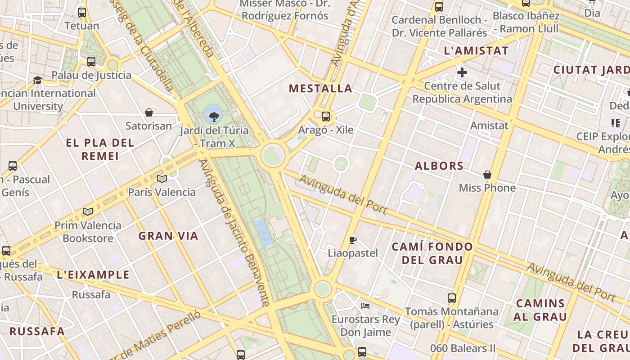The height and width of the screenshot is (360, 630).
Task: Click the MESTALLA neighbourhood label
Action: click(x=320, y=88)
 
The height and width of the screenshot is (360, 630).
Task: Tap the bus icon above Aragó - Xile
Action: click(x=326, y=117)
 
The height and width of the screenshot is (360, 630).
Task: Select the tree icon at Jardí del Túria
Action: click(x=214, y=117)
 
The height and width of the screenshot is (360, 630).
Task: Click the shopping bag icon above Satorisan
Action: click(x=149, y=112)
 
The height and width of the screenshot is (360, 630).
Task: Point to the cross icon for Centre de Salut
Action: click(x=462, y=72)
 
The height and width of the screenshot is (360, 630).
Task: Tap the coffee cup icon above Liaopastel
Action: click(x=352, y=240)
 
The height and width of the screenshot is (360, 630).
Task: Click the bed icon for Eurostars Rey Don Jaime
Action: click(x=365, y=306)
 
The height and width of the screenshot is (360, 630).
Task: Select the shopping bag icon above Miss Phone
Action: click(x=487, y=175)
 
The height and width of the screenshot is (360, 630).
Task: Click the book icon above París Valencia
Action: click(x=162, y=179)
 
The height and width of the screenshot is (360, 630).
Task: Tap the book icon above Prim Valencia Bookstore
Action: click(x=88, y=211)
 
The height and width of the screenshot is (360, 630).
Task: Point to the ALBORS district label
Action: click(x=439, y=166)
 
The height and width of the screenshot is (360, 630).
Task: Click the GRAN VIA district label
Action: click(x=168, y=236)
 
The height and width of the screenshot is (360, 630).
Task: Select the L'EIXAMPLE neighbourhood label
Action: click(x=94, y=275)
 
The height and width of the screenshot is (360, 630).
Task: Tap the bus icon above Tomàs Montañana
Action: click(x=451, y=298)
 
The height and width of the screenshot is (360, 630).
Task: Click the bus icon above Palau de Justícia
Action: click(x=91, y=62)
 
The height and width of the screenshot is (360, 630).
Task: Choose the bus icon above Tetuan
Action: click(x=81, y=13)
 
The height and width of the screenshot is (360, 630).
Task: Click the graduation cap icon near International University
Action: click(x=38, y=80)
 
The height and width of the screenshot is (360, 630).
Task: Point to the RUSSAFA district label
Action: click(x=37, y=332)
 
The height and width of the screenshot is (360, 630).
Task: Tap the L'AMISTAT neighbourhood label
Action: click(x=476, y=51)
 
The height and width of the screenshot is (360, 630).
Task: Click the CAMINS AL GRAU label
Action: click(x=540, y=310)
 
